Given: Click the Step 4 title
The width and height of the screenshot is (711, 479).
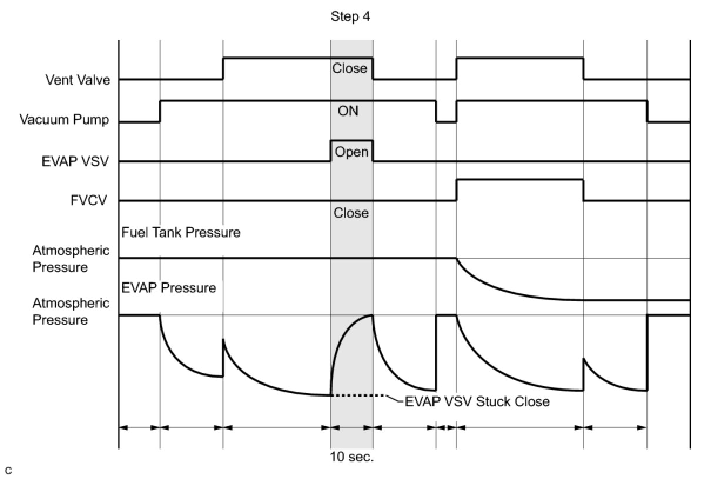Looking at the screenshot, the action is [x=350, y=16].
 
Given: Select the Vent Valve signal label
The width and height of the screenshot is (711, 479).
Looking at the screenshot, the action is [x=78, y=80].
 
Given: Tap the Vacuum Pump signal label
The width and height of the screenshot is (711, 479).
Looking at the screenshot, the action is [x=65, y=120].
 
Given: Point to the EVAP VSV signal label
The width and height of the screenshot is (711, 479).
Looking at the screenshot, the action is [x=75, y=161].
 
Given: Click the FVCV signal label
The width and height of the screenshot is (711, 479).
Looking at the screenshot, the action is [x=89, y=201].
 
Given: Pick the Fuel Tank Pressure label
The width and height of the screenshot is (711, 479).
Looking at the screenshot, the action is [x=180, y=232].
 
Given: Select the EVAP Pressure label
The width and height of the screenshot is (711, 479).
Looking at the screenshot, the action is [x=169, y=288].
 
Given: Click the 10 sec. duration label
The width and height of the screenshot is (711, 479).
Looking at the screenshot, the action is [x=352, y=457].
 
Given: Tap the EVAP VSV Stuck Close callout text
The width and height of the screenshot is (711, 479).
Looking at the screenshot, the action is [x=477, y=402].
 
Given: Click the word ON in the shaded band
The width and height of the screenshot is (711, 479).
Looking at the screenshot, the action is [x=348, y=111].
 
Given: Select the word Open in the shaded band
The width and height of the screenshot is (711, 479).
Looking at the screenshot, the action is [x=351, y=152].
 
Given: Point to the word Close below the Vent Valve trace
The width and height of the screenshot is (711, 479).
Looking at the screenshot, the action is [x=350, y=68].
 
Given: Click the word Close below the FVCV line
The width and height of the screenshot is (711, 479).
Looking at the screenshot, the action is [x=351, y=213].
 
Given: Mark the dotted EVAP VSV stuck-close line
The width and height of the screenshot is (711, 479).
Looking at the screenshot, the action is [x=358, y=395].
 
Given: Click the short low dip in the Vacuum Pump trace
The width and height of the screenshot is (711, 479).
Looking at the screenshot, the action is [x=446, y=122].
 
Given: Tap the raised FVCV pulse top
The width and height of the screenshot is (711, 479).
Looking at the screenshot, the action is [x=519, y=180].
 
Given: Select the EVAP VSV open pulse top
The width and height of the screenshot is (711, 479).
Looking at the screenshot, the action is [x=352, y=141].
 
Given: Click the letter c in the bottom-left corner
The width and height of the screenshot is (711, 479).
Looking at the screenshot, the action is [x=9, y=471].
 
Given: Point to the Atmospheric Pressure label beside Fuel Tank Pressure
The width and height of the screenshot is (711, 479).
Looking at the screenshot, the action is [x=71, y=259].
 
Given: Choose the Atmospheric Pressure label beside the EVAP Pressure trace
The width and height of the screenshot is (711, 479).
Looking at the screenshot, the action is [x=71, y=311].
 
